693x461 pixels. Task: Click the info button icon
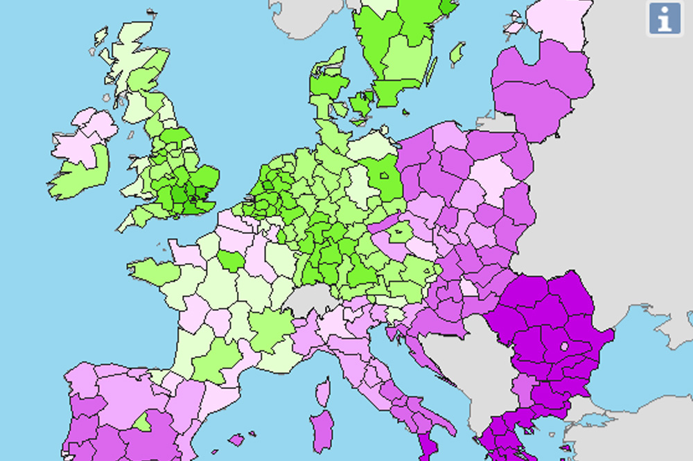665,18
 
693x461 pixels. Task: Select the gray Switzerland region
310,300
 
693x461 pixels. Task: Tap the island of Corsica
323,392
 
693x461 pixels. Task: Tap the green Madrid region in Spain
143,422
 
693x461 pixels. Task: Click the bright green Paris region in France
230,261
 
